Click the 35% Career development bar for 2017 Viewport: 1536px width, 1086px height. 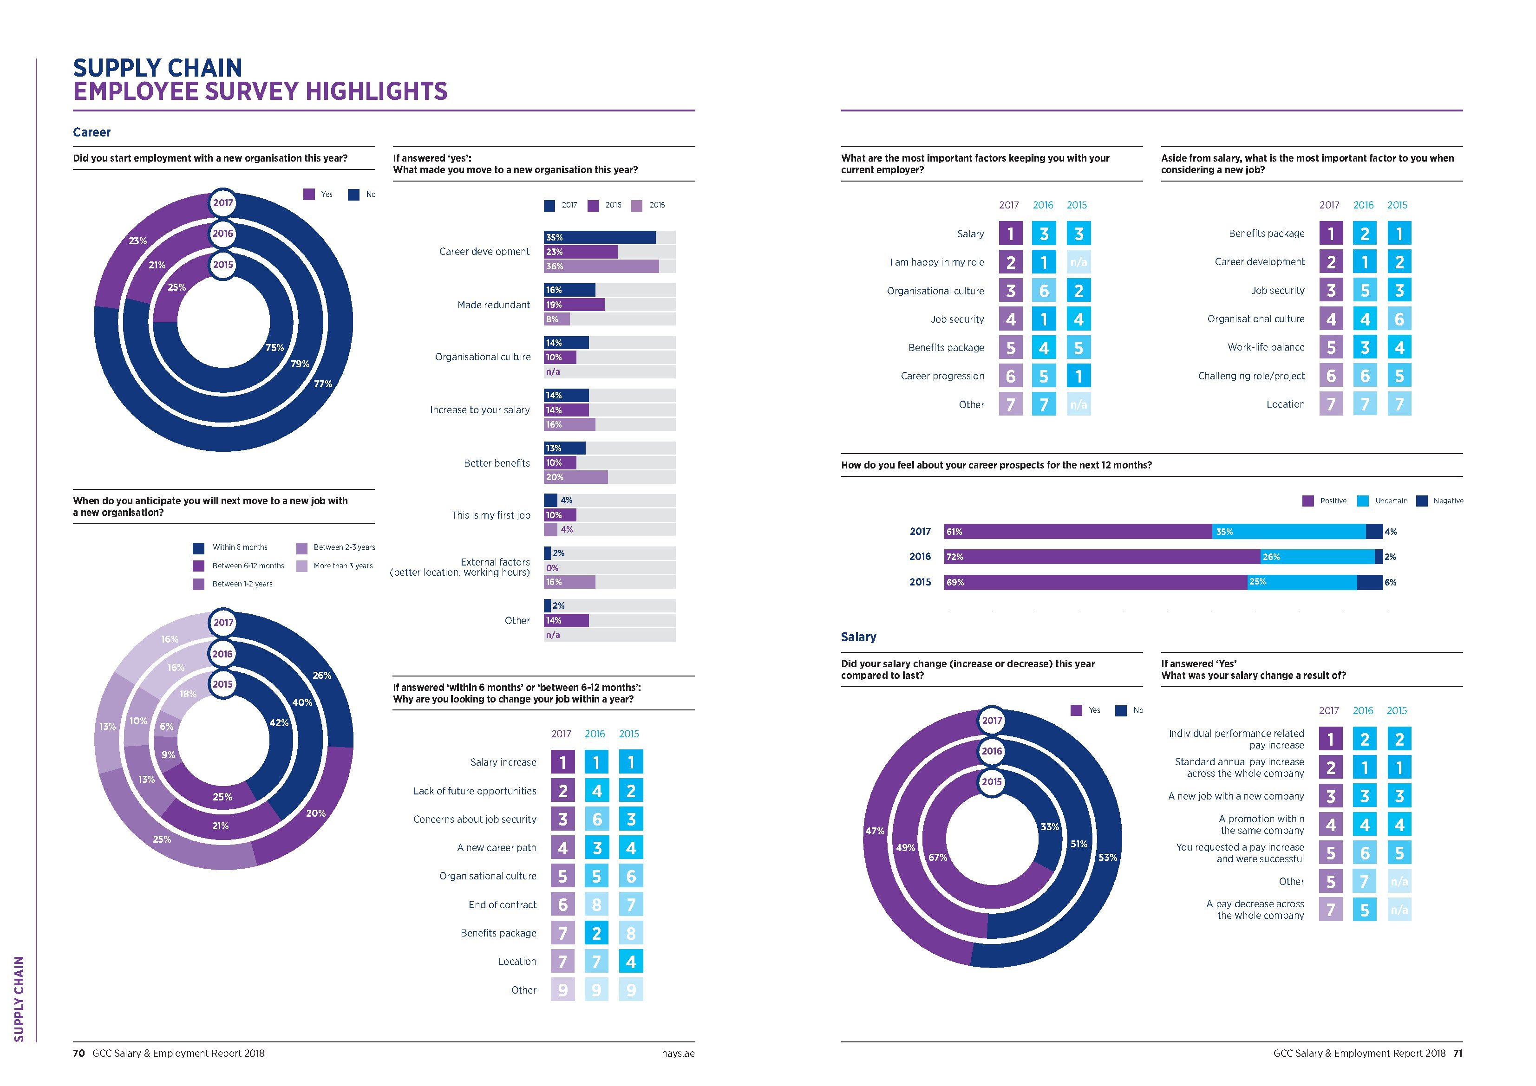600,237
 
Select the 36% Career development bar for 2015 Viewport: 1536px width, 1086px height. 601,266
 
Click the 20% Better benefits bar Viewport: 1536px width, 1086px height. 575,477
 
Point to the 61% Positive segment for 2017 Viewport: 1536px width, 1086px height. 1077,532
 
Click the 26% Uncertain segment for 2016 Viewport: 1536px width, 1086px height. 1317,557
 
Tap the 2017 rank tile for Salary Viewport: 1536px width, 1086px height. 1010,234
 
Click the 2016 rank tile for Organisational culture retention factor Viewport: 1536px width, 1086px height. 1044,291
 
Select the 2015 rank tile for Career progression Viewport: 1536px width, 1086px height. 1078,376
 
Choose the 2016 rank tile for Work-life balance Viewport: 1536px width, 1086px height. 1365,347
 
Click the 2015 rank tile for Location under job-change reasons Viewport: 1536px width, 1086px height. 630,962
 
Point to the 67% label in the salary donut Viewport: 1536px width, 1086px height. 937,857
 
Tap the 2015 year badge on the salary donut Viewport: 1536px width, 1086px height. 992,782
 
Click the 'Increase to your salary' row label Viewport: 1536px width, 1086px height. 480,410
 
